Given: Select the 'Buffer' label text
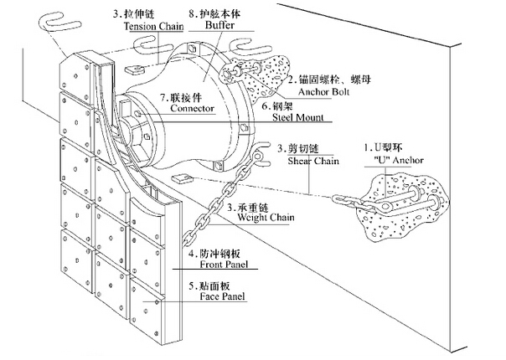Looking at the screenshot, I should coord(221,26).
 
